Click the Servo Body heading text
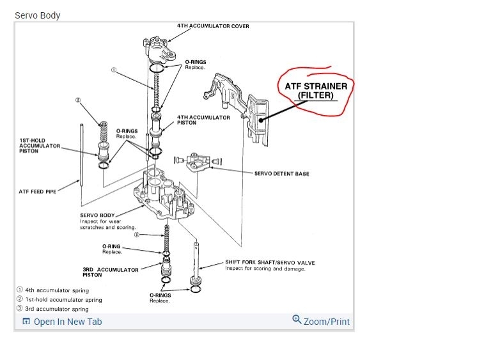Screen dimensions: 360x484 (38, 15)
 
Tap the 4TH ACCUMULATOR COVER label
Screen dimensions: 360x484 (213, 26)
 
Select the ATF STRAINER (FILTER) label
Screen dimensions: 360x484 (315, 90)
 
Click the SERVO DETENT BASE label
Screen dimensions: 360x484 (281, 173)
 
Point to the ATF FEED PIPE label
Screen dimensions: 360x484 (38, 191)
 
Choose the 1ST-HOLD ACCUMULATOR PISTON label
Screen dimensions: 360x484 (40, 146)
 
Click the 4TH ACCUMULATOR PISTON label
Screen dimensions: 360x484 (203, 120)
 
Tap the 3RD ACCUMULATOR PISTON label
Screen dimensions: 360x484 (111, 272)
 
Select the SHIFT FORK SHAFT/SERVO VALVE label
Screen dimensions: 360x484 (270, 262)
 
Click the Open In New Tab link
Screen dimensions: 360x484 (67, 322)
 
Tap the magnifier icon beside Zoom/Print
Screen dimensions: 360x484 (297, 320)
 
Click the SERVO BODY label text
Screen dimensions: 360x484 (97, 215)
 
